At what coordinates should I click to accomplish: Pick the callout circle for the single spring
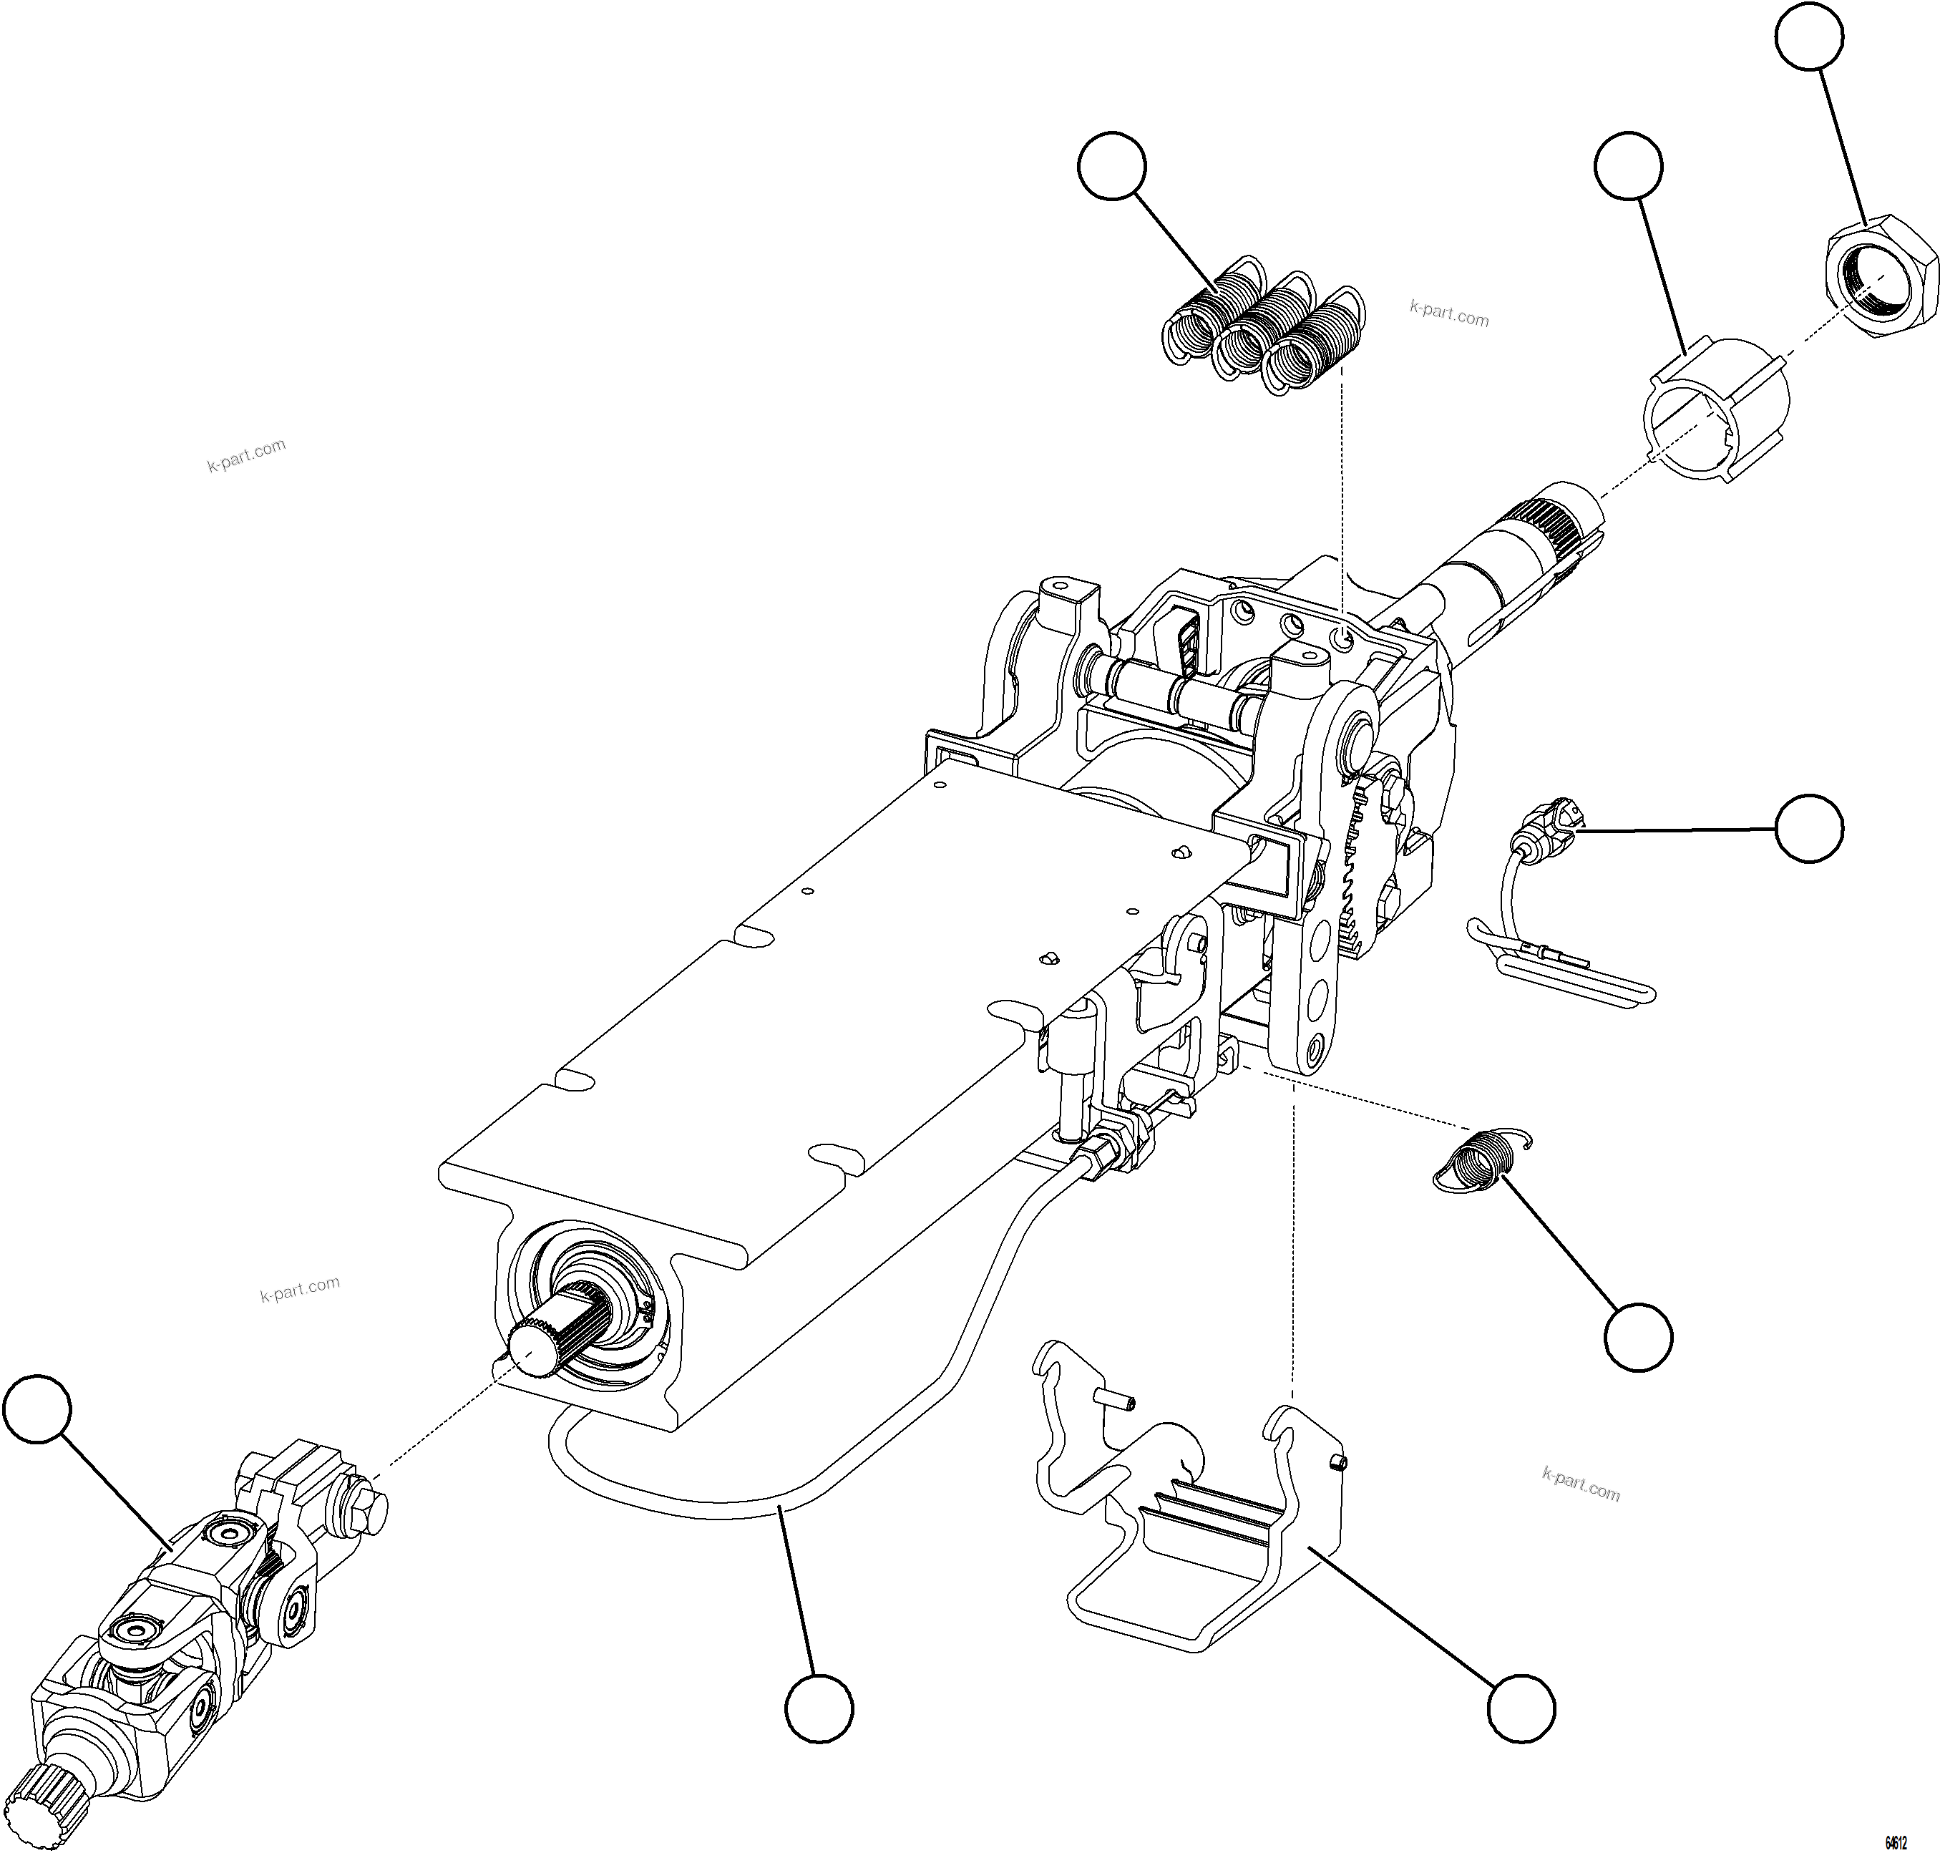pos(1639,1338)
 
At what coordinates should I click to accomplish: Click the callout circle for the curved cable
pos(819,1710)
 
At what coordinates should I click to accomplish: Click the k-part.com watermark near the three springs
pos(1448,315)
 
